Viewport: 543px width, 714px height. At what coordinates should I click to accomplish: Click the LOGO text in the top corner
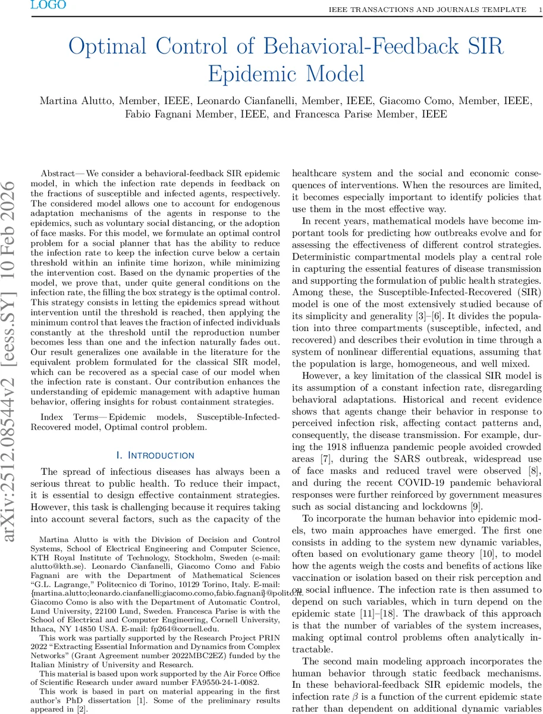coord(48,5)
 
